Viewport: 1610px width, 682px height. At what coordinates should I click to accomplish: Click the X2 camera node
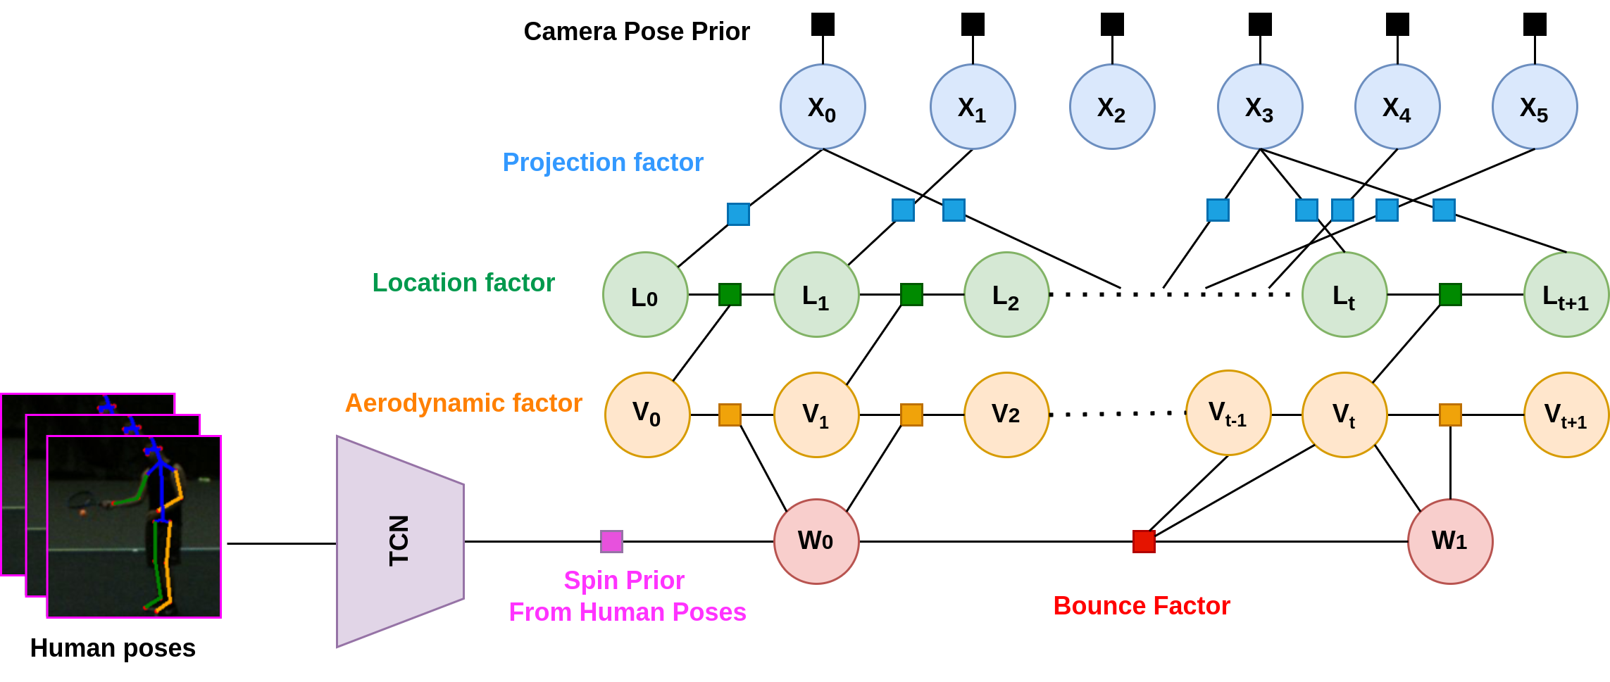pyautogui.click(x=1111, y=107)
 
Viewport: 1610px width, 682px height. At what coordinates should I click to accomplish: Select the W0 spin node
pyautogui.click(x=816, y=541)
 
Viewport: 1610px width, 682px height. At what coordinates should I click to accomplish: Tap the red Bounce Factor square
pyautogui.click(x=1144, y=541)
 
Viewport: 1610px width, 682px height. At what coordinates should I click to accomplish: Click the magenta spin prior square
pyautogui.click(x=611, y=541)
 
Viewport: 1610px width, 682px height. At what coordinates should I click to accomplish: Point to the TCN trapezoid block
pyautogui.click(x=399, y=541)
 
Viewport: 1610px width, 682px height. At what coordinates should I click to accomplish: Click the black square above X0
pyautogui.click(x=823, y=25)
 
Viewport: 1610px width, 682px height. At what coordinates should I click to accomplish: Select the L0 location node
pyautogui.click(x=645, y=295)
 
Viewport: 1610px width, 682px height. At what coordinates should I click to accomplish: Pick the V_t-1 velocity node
pyautogui.click(x=1228, y=413)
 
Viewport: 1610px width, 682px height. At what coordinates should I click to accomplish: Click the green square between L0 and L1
pyautogui.click(x=730, y=294)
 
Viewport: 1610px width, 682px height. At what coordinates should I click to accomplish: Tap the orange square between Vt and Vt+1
pyautogui.click(x=1450, y=415)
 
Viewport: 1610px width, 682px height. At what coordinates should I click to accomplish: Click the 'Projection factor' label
pyautogui.click(x=603, y=163)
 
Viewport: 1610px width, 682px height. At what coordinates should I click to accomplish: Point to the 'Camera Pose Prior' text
pyautogui.click(x=637, y=32)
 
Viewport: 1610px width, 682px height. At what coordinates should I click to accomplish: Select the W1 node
pyautogui.click(x=1449, y=541)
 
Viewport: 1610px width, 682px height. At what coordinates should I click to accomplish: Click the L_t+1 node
pyautogui.click(x=1566, y=295)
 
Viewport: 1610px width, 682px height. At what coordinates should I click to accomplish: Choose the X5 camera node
pyautogui.click(x=1534, y=107)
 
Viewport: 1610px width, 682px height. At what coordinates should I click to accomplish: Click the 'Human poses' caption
pyautogui.click(x=113, y=648)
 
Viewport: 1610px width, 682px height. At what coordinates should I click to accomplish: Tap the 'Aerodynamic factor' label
pyautogui.click(x=463, y=403)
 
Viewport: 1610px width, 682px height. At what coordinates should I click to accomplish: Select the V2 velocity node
pyautogui.click(x=1006, y=415)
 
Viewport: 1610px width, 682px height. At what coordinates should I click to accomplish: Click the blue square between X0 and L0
pyautogui.click(x=738, y=214)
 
